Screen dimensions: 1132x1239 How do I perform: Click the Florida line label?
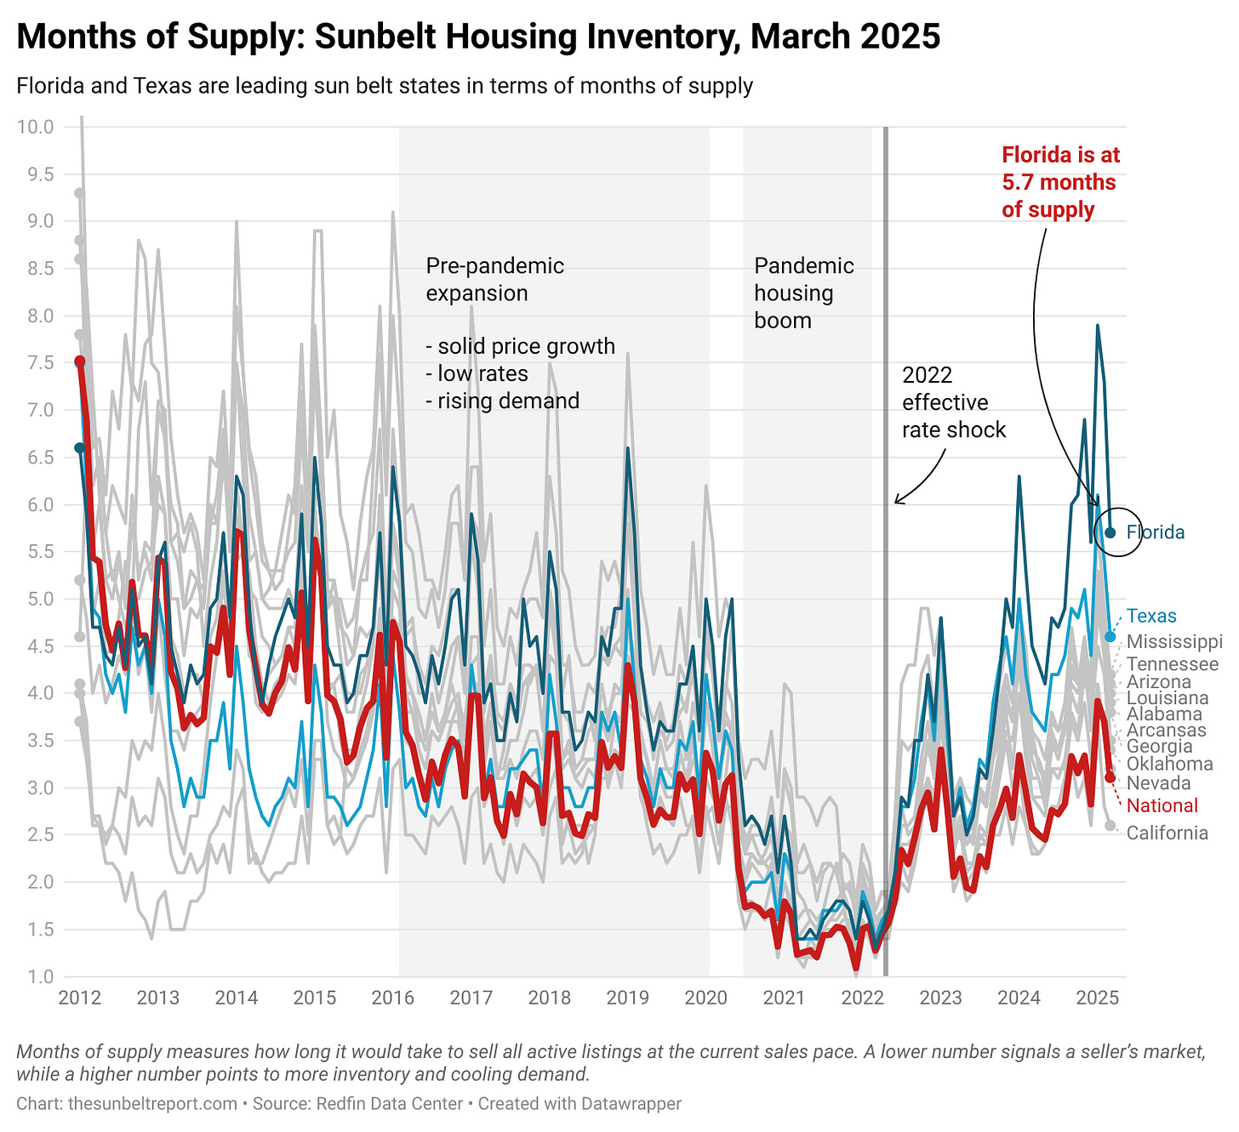tap(1155, 532)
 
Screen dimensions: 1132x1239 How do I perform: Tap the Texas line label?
tap(1151, 617)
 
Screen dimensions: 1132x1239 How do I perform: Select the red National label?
tap(1162, 806)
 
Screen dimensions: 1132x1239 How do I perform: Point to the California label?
tap(1167, 833)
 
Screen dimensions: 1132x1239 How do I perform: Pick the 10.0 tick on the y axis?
tap(35, 128)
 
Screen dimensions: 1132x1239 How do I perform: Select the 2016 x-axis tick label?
tap(392, 997)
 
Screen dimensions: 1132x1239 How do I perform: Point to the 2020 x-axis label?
tap(705, 997)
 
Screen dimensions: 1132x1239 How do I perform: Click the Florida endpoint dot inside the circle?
tap(1111, 532)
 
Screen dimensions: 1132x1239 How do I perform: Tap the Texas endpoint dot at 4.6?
tap(1111, 636)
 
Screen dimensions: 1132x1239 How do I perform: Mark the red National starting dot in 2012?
tap(80, 361)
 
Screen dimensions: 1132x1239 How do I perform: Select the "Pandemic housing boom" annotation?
tap(803, 293)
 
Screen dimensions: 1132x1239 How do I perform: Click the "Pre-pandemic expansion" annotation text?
tap(494, 280)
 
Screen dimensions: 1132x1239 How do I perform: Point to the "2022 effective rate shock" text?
tap(953, 402)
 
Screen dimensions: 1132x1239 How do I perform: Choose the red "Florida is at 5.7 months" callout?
tap(1060, 182)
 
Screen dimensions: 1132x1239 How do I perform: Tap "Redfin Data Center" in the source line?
tap(389, 1104)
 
